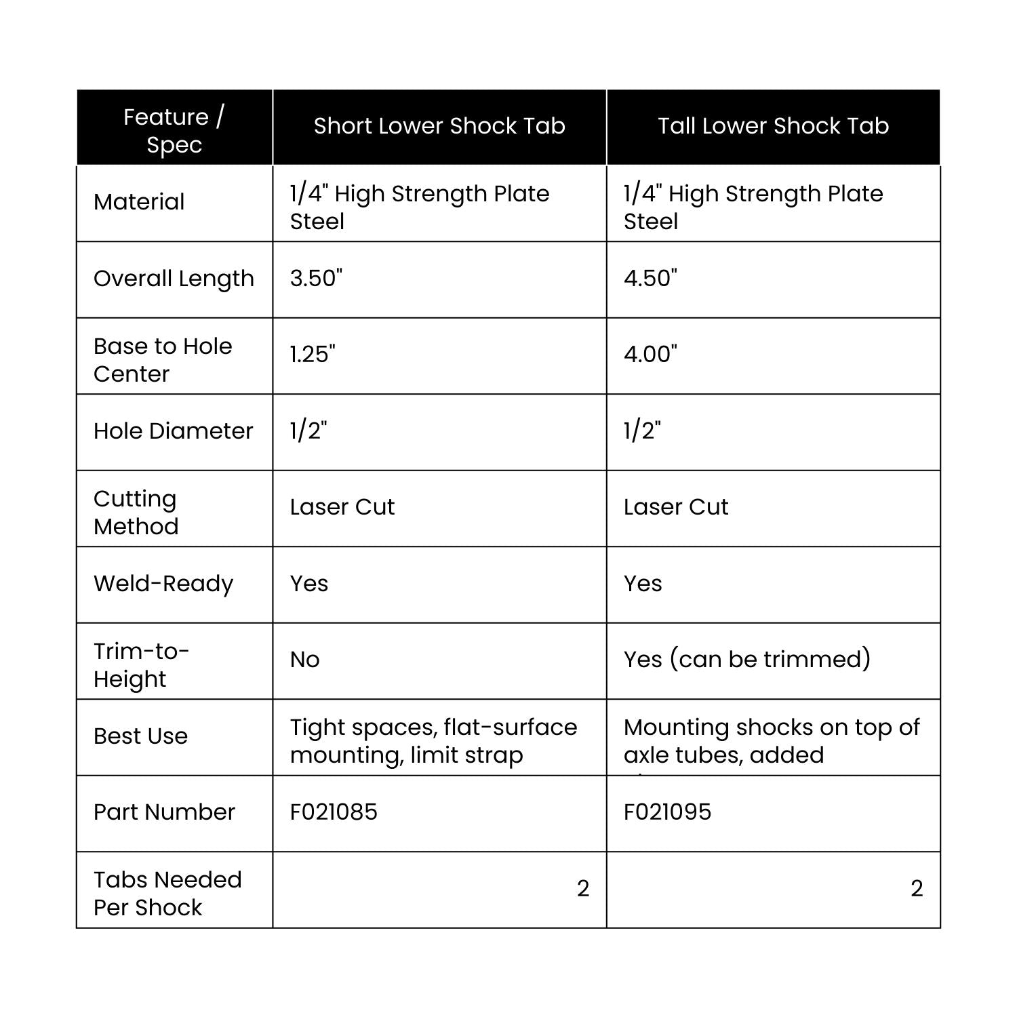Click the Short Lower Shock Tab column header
coord(439,126)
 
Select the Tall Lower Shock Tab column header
coord(773,126)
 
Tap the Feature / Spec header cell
coord(174,130)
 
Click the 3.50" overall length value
coord(317,279)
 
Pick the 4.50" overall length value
coord(651,279)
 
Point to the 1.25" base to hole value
coord(313,355)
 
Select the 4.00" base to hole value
coord(651,355)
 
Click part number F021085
coord(334,812)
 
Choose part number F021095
coord(668,812)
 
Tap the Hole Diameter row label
coord(174,431)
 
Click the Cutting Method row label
coord(136,513)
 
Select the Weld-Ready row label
coord(163,584)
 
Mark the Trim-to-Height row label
coord(141,665)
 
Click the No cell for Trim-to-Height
coord(305,660)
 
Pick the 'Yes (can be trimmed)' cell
coord(747,660)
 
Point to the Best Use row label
coord(141,736)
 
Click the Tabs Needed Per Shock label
coord(167,894)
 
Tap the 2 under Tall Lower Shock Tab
coord(917,889)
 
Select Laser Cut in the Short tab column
coord(342,507)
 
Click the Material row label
coord(139,202)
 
